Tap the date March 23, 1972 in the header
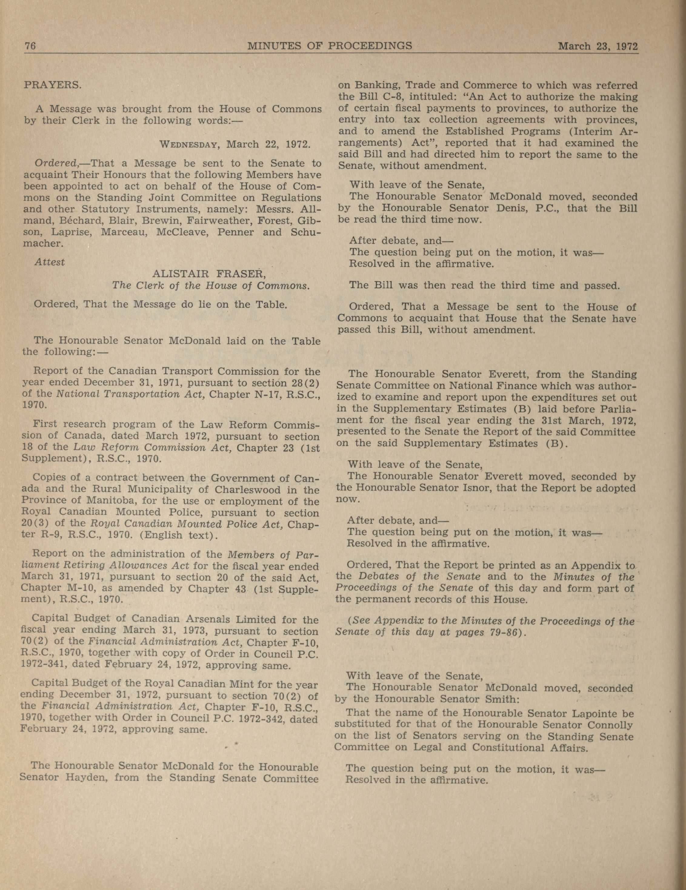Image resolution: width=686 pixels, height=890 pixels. (x=597, y=46)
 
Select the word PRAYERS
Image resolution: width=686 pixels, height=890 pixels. (x=53, y=86)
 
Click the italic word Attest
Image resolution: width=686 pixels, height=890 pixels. (x=50, y=262)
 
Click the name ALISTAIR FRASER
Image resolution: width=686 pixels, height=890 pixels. (x=209, y=274)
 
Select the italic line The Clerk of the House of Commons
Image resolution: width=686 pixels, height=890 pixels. (x=211, y=285)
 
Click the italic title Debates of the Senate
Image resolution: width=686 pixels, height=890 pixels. (x=420, y=577)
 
